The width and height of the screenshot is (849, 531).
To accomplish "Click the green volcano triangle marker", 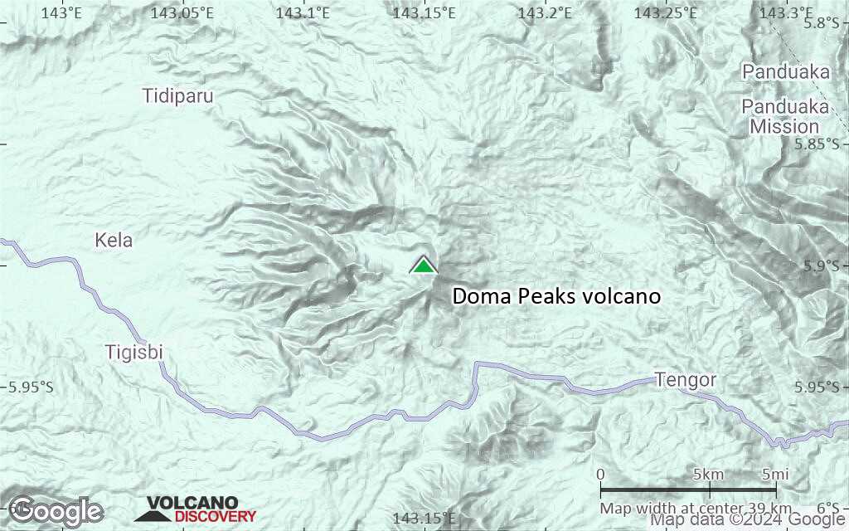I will coord(424,265).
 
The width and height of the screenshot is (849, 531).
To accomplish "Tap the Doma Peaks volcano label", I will coord(556,296).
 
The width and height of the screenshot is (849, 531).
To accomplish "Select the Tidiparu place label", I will coord(177,95).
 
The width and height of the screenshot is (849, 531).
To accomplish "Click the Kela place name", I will coord(114,241).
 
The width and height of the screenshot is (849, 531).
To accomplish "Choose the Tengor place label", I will coord(685,380).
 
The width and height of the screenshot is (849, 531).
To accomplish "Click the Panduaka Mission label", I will coord(784,117).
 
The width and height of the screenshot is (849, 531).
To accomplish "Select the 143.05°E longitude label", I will coord(182,12).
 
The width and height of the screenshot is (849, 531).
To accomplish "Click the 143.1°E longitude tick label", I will coord(303,12).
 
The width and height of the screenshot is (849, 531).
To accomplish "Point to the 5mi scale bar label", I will coord(774,475).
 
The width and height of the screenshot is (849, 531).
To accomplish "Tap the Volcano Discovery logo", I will coord(196,509).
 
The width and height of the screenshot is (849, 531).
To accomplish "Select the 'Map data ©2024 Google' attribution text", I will coord(747,520).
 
